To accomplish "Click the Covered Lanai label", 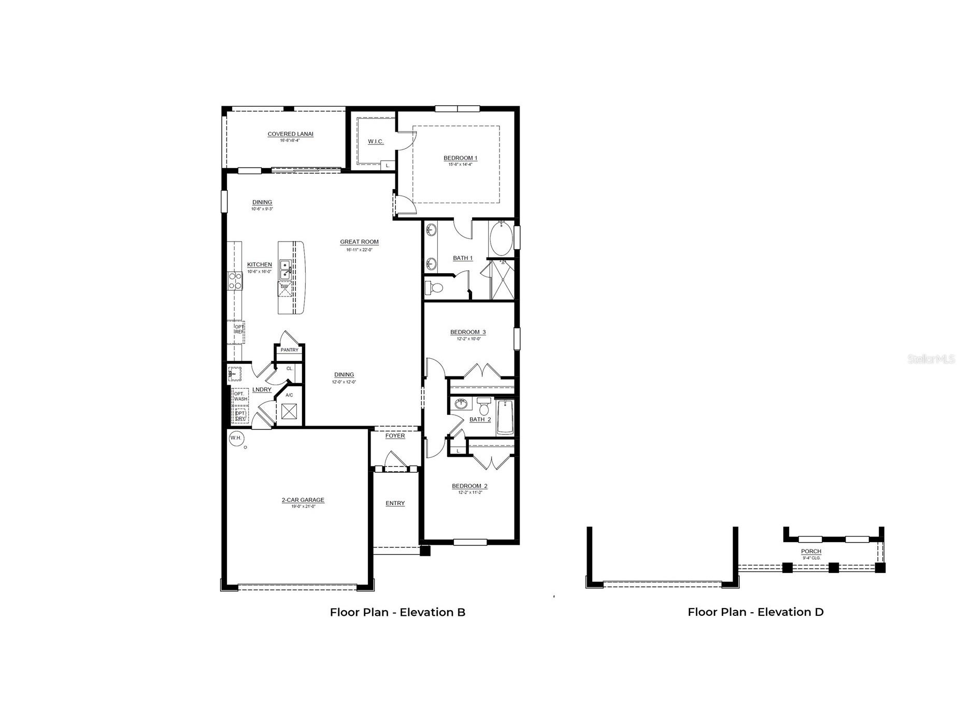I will (x=290, y=134).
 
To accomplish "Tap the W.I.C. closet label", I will (x=376, y=142).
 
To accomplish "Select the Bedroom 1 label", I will (x=460, y=158).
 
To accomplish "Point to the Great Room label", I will (x=359, y=242).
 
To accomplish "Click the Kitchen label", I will (x=259, y=265).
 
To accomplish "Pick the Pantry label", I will (x=290, y=350).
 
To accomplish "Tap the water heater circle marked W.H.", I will (x=236, y=438).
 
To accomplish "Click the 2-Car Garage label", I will (x=303, y=500).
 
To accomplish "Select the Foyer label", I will (x=395, y=436).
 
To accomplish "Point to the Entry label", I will (x=395, y=503).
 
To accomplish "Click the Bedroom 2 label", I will (x=469, y=486).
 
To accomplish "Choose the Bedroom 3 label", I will (x=468, y=332).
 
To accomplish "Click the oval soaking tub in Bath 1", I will (x=501, y=239).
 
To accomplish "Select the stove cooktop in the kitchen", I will (x=235, y=280).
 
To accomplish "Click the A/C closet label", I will (x=289, y=396).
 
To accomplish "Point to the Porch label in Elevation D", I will (x=811, y=552).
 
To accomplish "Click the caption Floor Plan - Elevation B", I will (x=397, y=612).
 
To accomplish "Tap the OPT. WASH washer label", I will (x=240, y=396).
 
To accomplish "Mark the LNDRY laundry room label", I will (x=262, y=390).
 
